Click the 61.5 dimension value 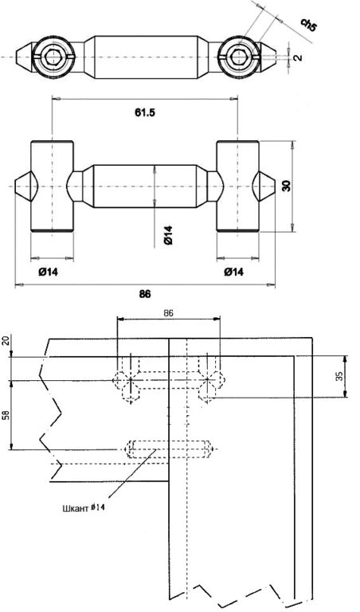point(145,113)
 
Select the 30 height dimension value point(286,186)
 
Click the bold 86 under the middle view point(145,294)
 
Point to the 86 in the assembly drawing point(169,313)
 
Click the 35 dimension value point(339,376)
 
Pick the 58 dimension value point(6,415)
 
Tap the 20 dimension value point(6,343)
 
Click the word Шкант point(75,508)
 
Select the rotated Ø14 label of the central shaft point(168,235)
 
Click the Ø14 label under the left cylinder point(48,272)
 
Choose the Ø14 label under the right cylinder point(233,272)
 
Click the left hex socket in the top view point(52,57)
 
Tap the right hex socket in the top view point(237,57)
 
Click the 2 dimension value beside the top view point(298,57)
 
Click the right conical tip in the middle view point(264,185)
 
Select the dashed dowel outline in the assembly point(168,449)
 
